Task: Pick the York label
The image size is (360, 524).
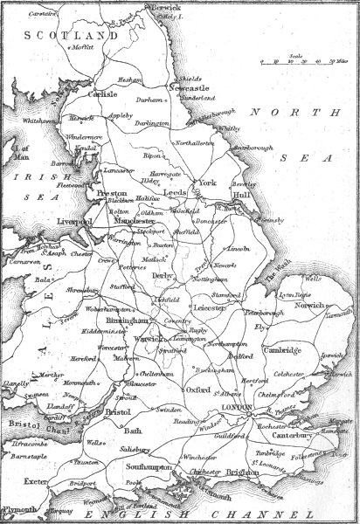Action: tap(206, 183)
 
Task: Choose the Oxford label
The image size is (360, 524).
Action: tap(198, 391)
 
